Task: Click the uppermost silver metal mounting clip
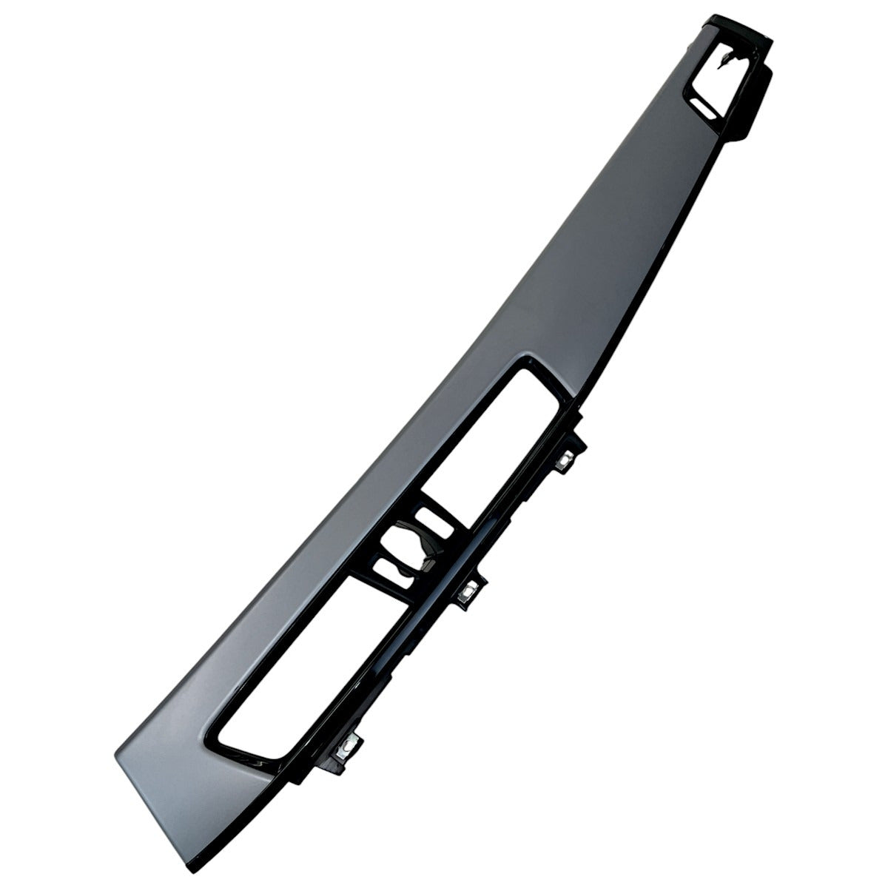[565, 460]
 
